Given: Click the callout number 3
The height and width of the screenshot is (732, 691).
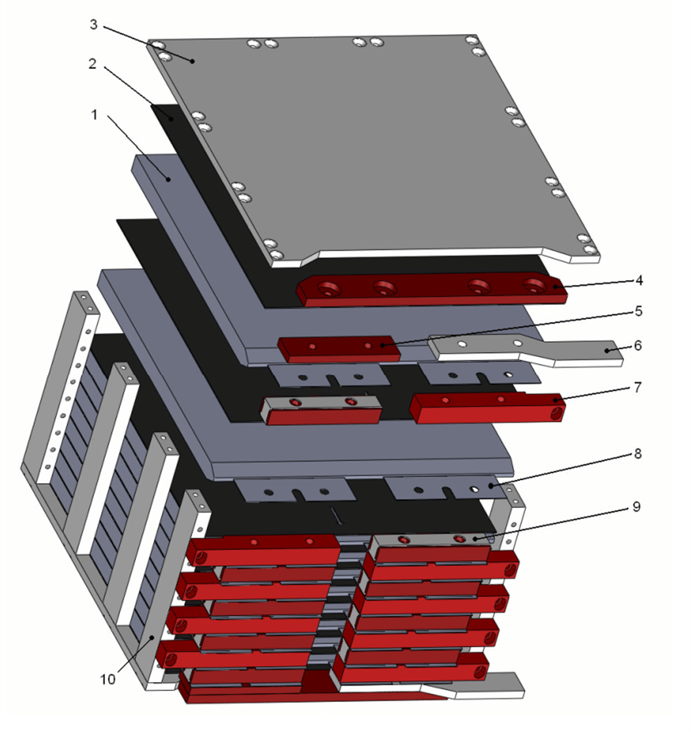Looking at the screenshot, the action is (93, 24).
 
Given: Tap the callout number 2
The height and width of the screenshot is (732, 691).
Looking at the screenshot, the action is (93, 64).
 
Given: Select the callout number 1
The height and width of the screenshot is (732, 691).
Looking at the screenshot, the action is (95, 115).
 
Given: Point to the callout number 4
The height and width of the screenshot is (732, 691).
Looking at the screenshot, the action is (639, 281).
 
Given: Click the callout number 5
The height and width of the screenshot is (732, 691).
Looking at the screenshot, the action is (639, 311).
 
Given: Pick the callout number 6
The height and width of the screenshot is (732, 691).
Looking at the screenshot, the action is (638, 345).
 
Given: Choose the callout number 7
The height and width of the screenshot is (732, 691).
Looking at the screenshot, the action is (637, 387).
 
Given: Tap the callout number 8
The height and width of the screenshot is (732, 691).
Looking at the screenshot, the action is (638, 454).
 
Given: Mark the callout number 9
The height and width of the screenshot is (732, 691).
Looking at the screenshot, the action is (637, 507).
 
